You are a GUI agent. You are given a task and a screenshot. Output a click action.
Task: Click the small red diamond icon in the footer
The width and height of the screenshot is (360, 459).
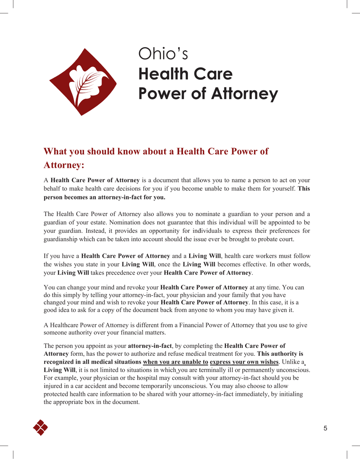tap(41, 427)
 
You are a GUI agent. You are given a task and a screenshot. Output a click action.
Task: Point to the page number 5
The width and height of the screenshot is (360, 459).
tap(325, 429)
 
